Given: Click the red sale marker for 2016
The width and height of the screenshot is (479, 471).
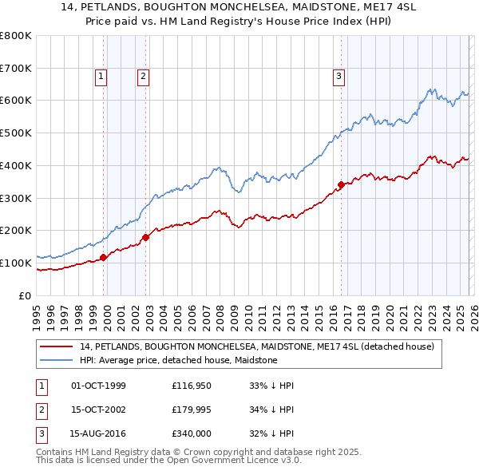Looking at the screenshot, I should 341,184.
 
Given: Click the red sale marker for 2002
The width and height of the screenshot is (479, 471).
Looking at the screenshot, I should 146,236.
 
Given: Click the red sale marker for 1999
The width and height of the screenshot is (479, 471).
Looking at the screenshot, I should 103,257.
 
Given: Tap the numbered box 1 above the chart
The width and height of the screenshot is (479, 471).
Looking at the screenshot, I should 102,77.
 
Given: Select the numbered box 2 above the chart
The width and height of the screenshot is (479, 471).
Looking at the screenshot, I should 143,77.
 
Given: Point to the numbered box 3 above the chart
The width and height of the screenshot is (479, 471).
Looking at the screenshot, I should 338,77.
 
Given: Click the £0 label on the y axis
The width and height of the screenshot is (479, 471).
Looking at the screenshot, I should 24,295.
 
